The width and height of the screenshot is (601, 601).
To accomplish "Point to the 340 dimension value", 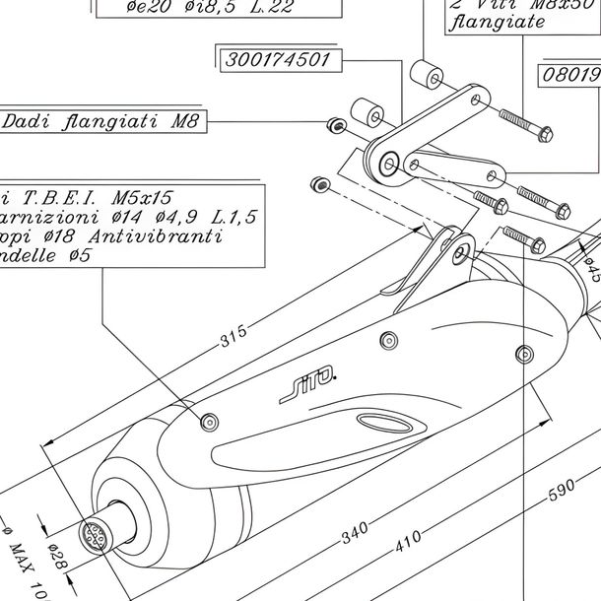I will [x=355, y=535].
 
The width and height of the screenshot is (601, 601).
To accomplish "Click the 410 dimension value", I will [x=408, y=538].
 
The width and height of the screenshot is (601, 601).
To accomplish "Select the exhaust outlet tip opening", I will [x=97, y=539].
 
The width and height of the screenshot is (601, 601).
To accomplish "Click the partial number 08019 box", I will [x=569, y=74].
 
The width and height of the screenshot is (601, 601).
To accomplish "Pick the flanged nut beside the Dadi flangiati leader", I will [x=334, y=124].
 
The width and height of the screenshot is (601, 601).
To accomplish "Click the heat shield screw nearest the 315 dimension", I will [x=208, y=422].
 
